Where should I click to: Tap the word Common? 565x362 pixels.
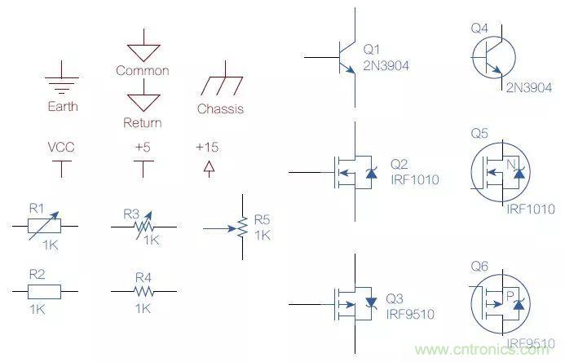(x=143, y=71)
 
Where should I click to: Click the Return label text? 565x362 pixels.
(x=143, y=123)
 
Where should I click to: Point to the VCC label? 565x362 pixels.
(x=62, y=148)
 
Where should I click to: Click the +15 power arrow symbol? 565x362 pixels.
(x=209, y=168)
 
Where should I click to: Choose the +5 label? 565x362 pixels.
(x=143, y=148)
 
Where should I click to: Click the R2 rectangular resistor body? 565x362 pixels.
(x=45, y=291)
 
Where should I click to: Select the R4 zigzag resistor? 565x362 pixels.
(x=143, y=291)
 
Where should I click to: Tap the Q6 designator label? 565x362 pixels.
(x=479, y=266)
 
